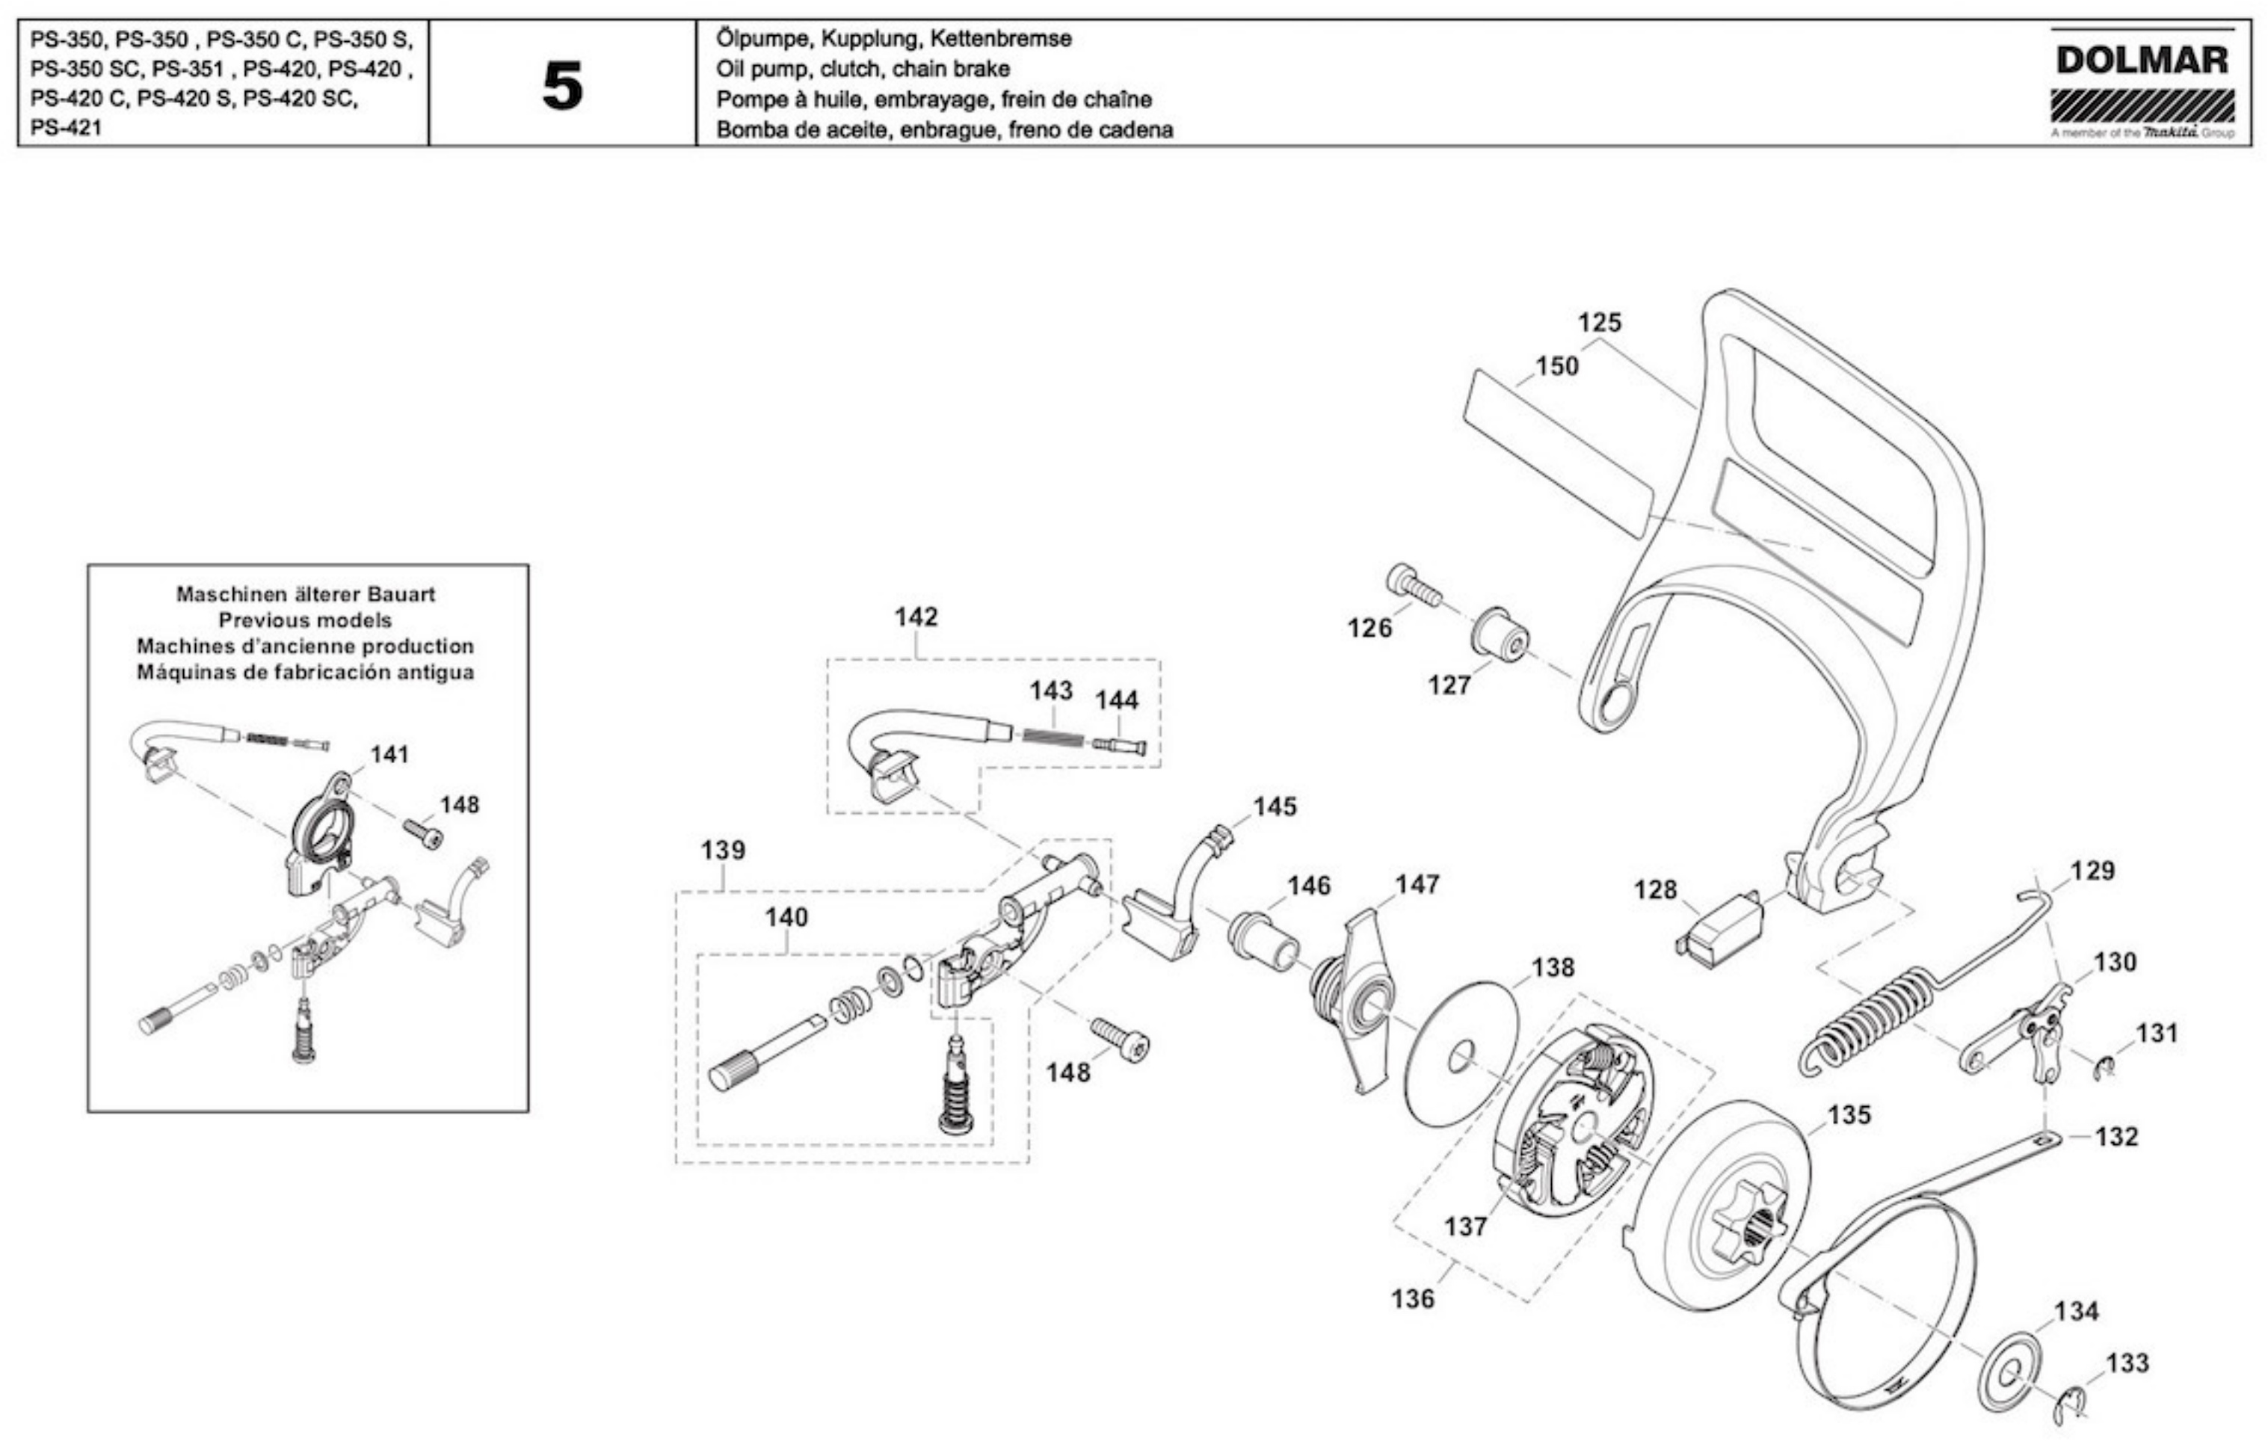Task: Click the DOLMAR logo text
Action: click(2142, 61)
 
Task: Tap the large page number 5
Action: click(562, 86)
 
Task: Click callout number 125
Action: click(1599, 323)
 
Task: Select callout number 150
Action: click(1557, 366)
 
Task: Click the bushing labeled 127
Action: click(1500, 634)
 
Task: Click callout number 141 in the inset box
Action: click(389, 754)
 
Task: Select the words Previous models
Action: click(305, 620)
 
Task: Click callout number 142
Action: click(916, 617)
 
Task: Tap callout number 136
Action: click(1412, 1299)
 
